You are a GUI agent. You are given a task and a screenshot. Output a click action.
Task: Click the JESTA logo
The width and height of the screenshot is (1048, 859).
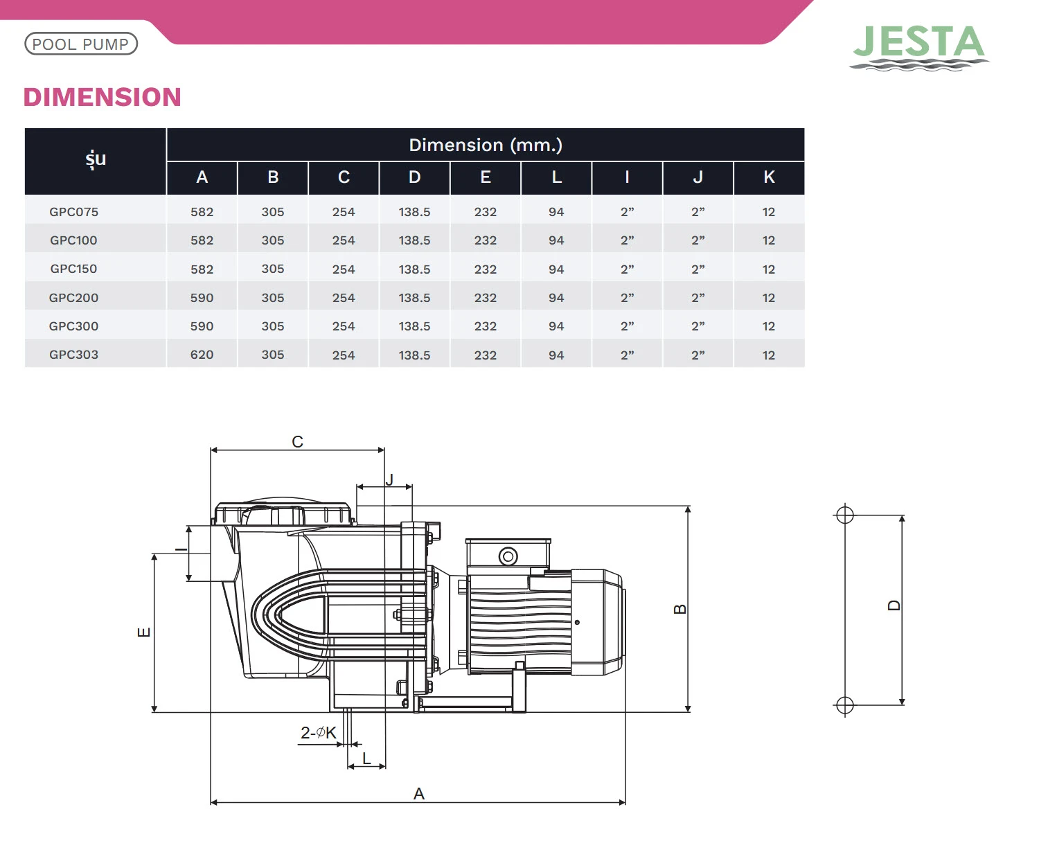click(918, 47)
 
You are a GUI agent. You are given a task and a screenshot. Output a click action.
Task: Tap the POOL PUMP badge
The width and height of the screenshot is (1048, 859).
click(81, 44)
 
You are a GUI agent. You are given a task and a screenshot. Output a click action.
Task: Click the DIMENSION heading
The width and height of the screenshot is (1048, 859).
click(103, 97)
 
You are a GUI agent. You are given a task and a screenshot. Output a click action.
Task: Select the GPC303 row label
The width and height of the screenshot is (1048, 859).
click(73, 355)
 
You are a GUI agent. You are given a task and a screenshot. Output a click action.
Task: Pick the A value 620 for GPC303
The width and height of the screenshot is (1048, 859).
click(202, 355)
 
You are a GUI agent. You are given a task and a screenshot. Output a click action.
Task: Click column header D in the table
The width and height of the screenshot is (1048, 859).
click(414, 177)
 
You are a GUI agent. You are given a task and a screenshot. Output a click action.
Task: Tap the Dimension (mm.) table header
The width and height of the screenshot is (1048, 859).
click(486, 145)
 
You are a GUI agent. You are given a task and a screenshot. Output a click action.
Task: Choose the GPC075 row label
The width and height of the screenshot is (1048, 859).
click(73, 212)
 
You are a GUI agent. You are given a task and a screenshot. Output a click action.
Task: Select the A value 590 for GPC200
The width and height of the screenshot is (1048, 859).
click(202, 298)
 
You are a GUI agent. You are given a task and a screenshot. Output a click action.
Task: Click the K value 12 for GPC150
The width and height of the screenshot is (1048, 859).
click(769, 269)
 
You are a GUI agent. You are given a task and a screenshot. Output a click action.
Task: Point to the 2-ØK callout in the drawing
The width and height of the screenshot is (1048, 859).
click(319, 733)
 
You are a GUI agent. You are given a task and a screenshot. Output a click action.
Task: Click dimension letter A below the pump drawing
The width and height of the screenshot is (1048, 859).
click(419, 794)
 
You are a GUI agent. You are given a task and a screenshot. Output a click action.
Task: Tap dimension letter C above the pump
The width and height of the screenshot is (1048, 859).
click(297, 442)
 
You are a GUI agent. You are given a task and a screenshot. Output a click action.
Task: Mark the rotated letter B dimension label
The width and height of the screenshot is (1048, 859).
click(680, 609)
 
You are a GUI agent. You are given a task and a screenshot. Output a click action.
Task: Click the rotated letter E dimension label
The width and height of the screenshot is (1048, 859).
click(143, 632)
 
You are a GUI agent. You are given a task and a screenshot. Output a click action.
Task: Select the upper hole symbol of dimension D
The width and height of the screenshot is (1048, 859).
click(845, 515)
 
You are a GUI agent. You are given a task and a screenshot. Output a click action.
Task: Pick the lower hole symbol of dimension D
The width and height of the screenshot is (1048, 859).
click(845, 705)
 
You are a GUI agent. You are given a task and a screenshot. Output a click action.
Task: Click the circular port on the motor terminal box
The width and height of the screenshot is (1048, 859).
click(508, 556)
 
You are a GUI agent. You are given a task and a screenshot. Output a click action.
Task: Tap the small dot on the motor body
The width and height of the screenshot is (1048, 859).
click(577, 622)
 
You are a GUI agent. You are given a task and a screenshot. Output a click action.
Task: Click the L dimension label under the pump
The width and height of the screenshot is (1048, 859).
click(366, 759)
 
